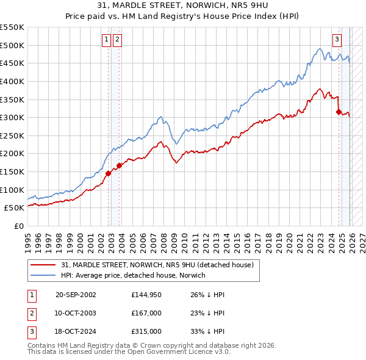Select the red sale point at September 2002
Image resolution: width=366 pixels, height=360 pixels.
click(x=109, y=173)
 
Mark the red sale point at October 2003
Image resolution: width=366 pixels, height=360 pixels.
click(x=120, y=165)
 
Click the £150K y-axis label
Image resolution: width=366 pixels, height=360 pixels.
click(x=12, y=171)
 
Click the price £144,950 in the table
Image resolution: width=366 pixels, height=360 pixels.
click(x=146, y=295)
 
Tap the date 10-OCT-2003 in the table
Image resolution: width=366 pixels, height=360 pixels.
click(x=76, y=313)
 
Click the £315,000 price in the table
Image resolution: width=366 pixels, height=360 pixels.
click(x=146, y=331)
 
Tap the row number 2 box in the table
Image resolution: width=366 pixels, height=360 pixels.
click(x=32, y=313)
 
